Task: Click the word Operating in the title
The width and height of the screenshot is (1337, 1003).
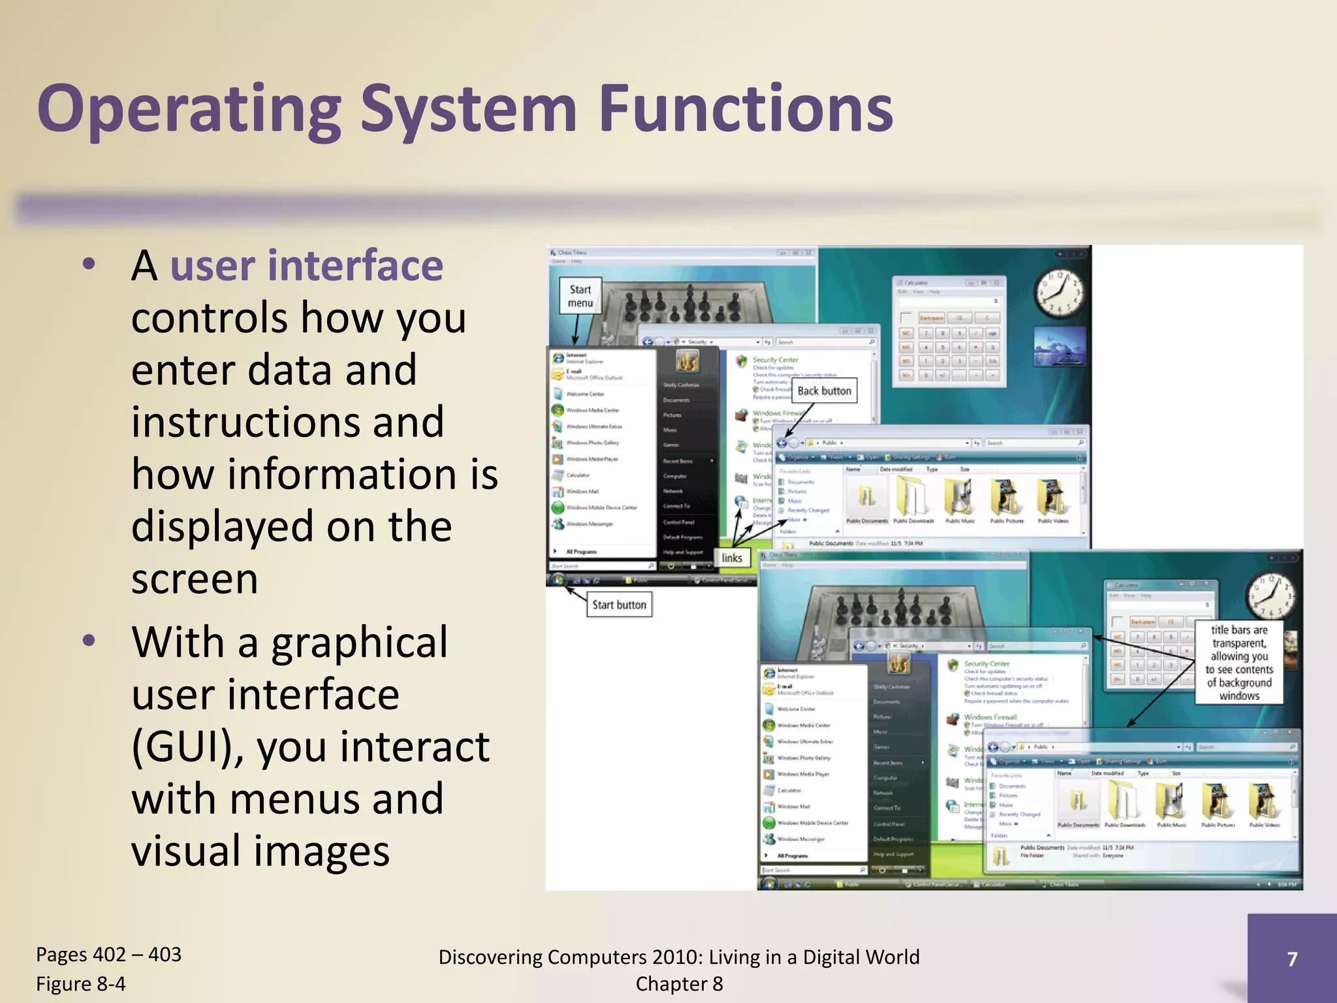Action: (189, 110)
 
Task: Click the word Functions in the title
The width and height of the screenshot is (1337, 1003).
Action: (746, 110)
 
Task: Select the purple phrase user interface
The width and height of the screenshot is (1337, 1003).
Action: (307, 266)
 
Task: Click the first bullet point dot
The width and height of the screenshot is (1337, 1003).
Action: (89, 264)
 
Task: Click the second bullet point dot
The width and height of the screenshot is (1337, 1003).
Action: (89, 641)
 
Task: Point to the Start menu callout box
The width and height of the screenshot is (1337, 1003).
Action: (580, 296)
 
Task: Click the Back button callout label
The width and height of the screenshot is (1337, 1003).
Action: (824, 391)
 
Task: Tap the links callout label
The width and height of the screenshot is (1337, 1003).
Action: (732, 558)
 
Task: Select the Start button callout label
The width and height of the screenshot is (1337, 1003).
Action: (619, 605)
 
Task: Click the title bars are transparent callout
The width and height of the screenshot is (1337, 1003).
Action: (1239, 662)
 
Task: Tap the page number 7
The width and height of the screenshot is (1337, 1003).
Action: (1292, 959)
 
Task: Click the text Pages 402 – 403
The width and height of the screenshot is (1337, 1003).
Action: (108, 955)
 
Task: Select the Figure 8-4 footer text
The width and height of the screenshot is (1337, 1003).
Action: (81, 984)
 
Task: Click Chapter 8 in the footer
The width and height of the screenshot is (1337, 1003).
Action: (679, 984)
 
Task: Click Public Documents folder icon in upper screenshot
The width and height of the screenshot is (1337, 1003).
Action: (867, 500)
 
